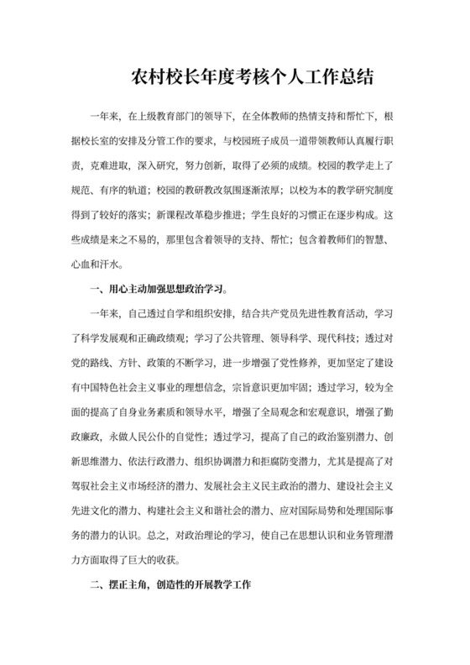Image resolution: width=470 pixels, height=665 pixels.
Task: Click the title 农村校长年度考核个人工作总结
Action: click(x=236, y=76)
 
